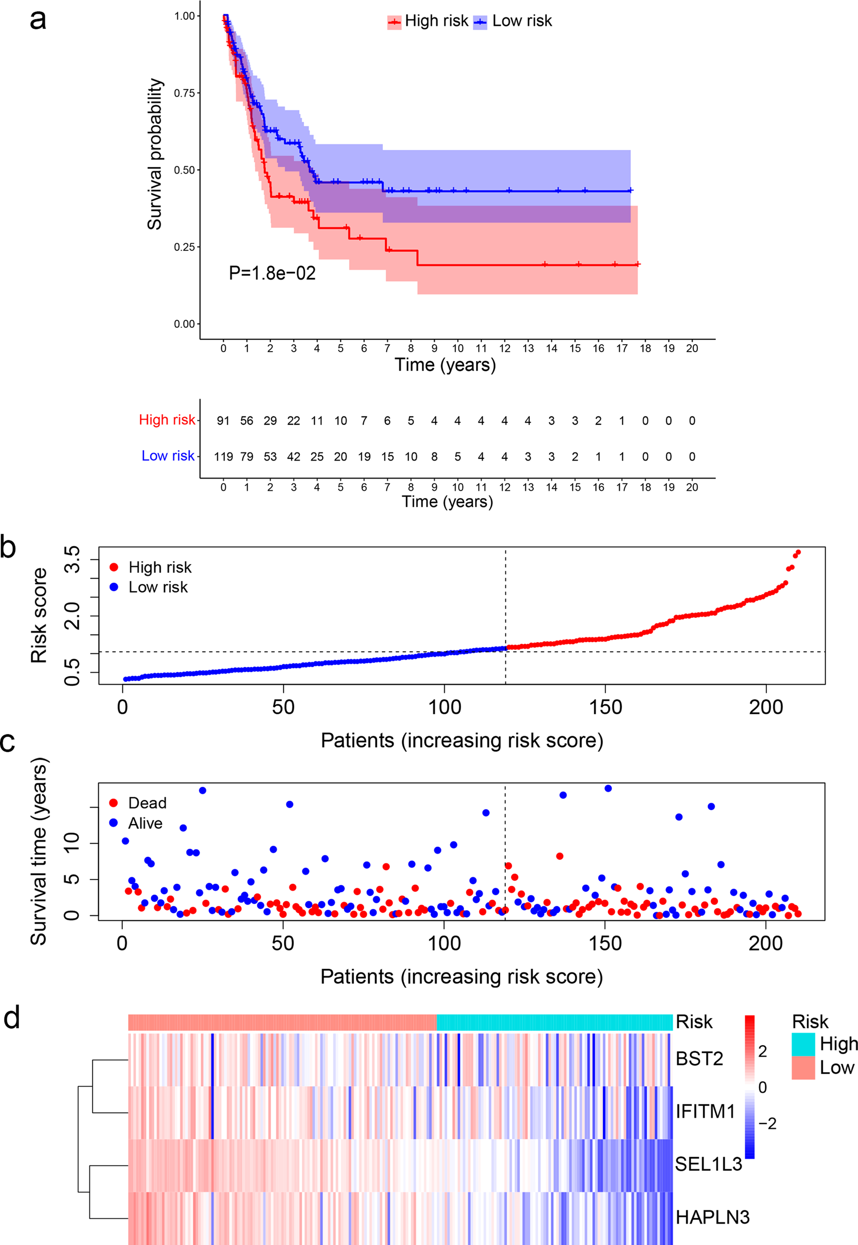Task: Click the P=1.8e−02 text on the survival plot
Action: point(272,273)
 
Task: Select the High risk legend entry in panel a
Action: point(428,21)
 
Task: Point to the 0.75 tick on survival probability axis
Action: point(185,93)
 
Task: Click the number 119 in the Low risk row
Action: point(223,456)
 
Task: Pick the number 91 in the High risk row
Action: point(223,421)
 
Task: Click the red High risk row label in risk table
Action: point(167,420)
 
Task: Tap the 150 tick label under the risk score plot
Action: point(606,707)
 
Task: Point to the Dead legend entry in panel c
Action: point(138,803)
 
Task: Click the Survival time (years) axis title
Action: point(39,851)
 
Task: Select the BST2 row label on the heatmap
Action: point(699,1058)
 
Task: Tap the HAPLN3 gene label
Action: point(712,1217)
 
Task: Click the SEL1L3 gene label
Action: point(708,1164)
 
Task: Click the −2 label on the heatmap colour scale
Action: point(767,1123)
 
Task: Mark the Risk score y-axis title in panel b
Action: point(39,616)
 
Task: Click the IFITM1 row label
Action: point(705,1111)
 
